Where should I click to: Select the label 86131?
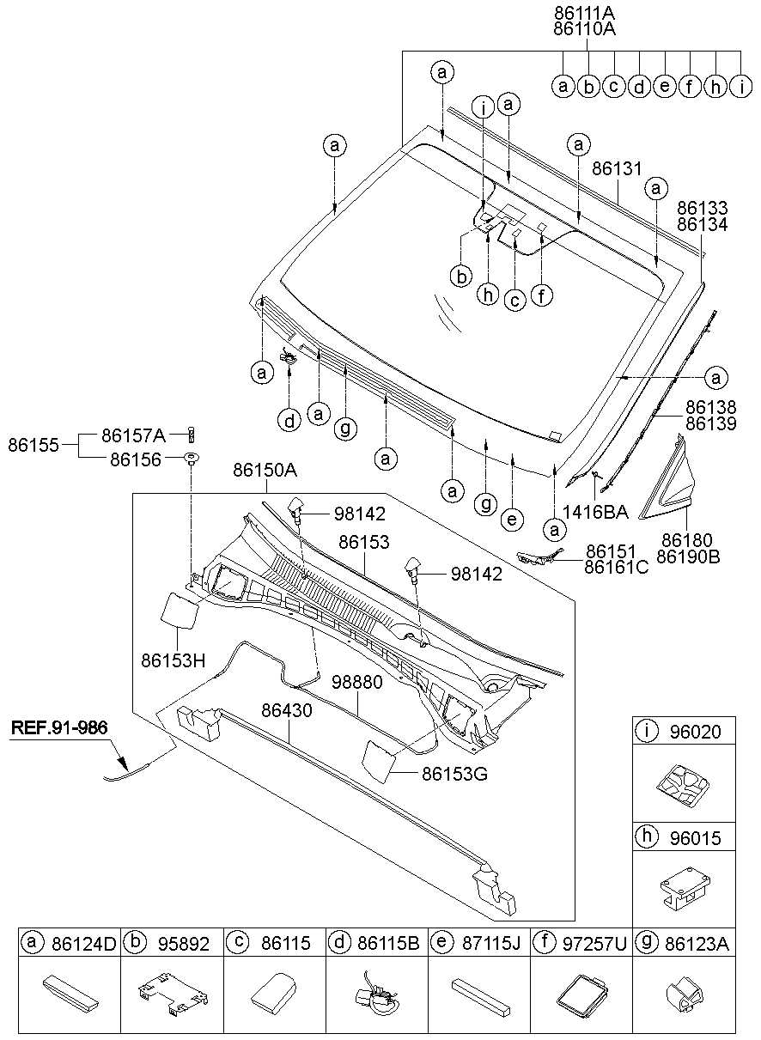[x=617, y=170]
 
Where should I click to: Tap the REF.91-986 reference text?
[x=59, y=728]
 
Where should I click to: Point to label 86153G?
[x=454, y=773]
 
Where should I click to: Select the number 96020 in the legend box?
[x=696, y=732]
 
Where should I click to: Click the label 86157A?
[x=132, y=434]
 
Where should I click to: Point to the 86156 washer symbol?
[x=191, y=457]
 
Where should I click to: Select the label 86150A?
[x=265, y=470]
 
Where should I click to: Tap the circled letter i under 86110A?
[x=741, y=86]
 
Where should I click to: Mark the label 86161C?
[x=616, y=567]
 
